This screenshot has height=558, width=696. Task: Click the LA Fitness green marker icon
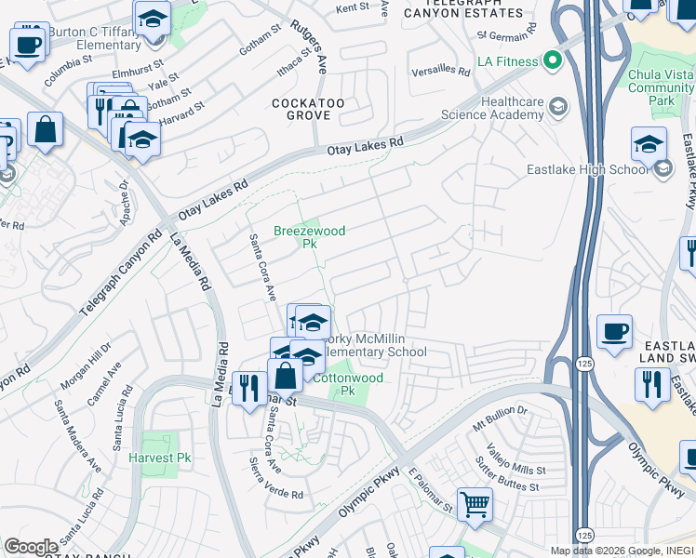552,62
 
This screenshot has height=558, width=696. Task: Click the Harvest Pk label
160,458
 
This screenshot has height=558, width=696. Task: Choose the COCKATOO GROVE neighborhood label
301,108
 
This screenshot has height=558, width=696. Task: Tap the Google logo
31,547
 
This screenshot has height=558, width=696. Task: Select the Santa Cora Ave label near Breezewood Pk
261,267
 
